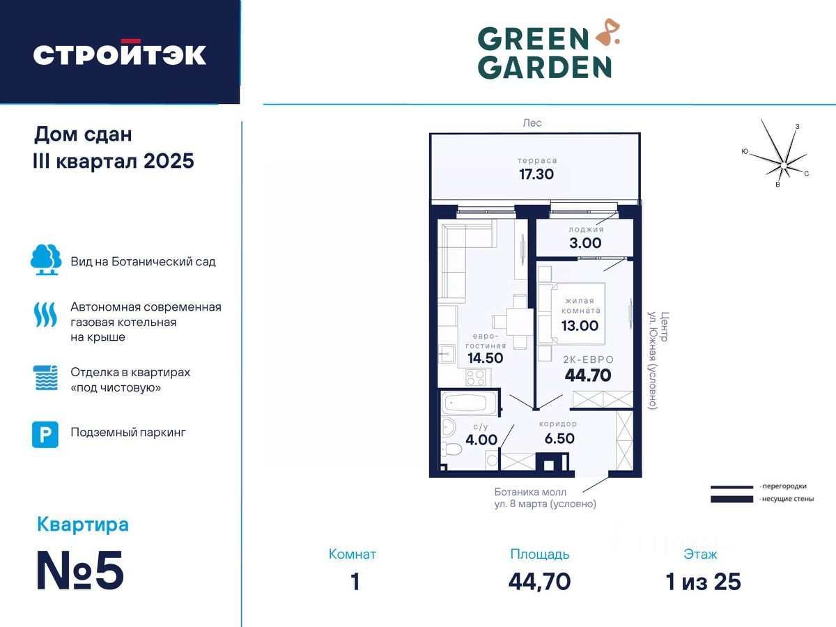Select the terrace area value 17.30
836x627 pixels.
point(536,174)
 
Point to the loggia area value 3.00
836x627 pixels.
point(585,243)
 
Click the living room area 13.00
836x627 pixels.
point(580,325)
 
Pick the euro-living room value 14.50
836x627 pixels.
point(485,358)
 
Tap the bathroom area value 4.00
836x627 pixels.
point(481,440)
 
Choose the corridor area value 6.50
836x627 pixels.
point(559,439)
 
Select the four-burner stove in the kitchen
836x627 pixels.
point(475,378)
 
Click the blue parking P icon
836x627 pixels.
point(45,434)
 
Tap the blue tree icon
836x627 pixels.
point(46,259)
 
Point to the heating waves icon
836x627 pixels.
point(46,314)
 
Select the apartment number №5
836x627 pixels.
point(80,571)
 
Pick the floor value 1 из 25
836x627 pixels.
point(703,582)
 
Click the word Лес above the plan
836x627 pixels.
point(532,123)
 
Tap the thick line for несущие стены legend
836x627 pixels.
point(731,499)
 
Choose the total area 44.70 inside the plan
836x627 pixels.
point(588,376)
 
